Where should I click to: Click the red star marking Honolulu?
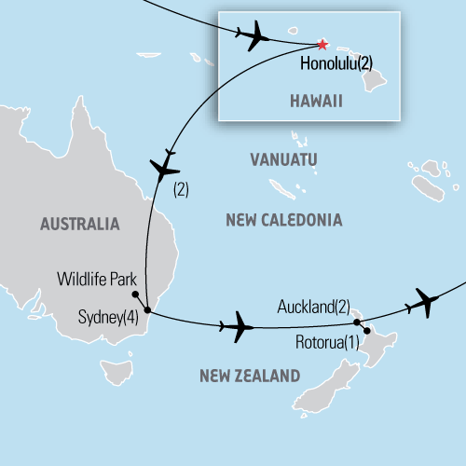point(322,45)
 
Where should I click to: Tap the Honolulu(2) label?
point(338,64)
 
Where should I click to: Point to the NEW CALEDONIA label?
point(284,220)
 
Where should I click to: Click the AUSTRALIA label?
point(80,224)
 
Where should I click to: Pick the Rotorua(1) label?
point(325,341)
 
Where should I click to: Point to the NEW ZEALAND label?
point(250,376)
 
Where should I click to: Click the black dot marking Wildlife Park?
point(135,295)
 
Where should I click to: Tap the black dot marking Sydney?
point(148,312)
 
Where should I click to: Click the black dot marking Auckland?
point(358,322)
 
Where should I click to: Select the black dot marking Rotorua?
point(367,331)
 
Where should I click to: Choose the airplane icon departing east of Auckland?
point(423,301)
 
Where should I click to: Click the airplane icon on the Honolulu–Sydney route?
point(164,168)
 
